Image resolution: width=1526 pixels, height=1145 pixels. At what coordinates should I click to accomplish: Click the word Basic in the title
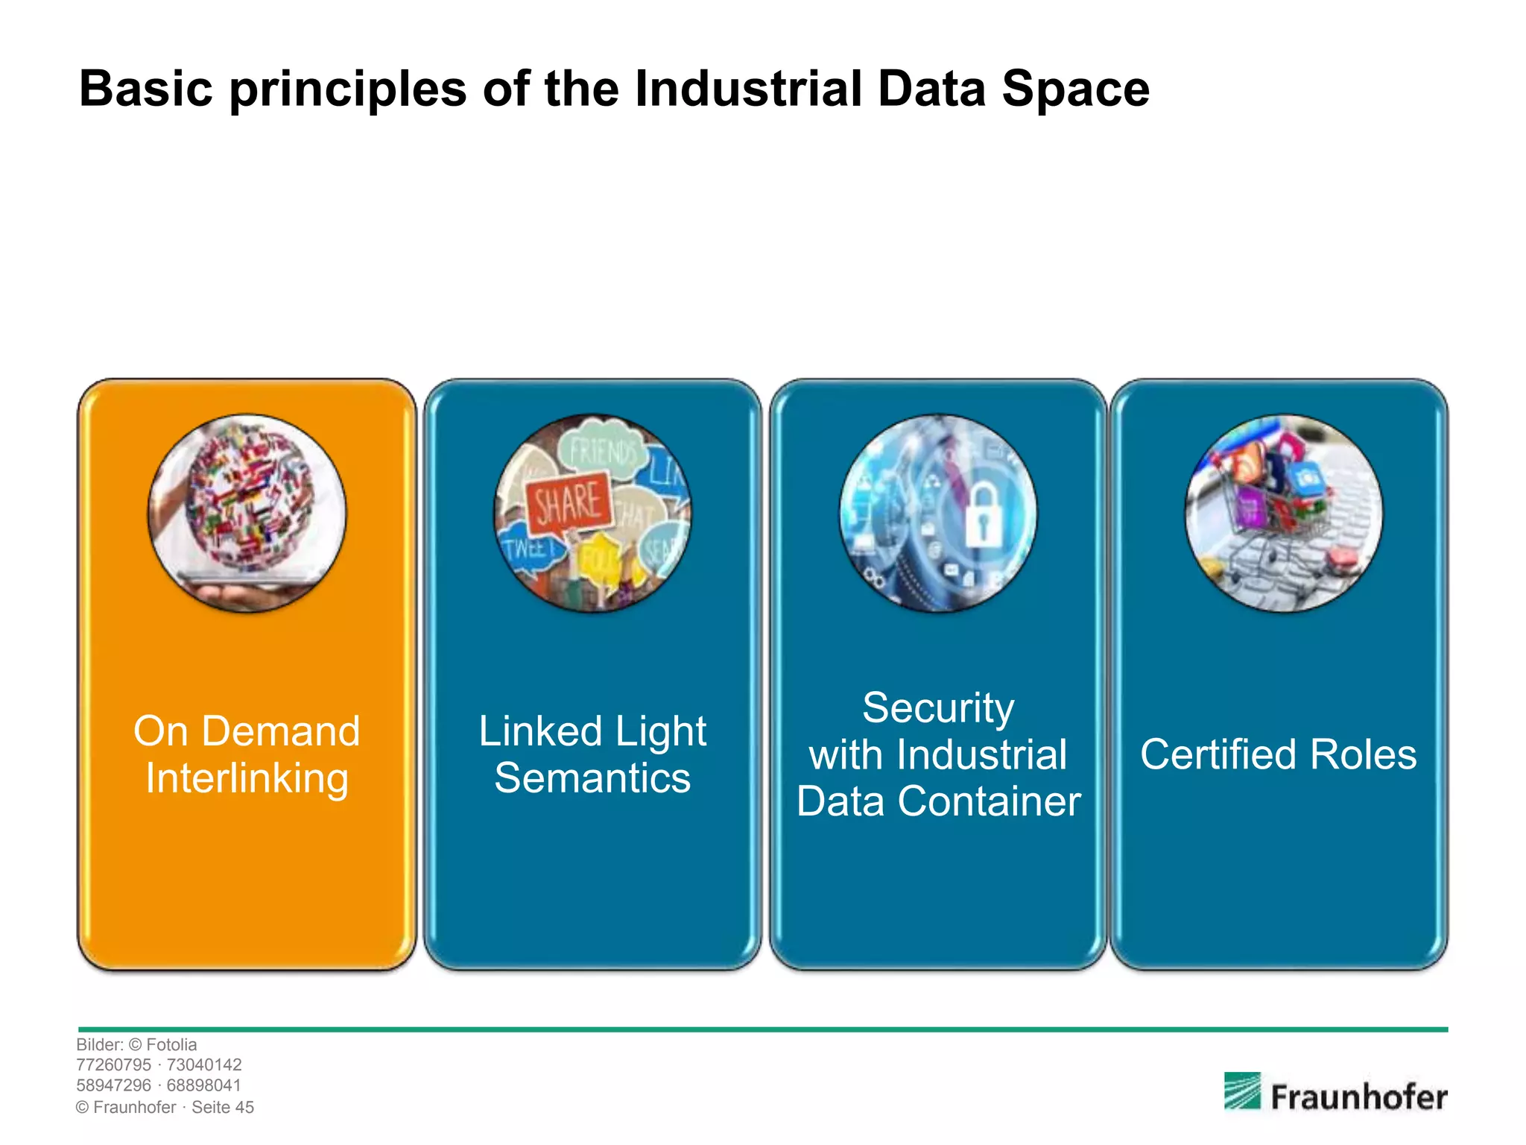pyautogui.click(x=146, y=89)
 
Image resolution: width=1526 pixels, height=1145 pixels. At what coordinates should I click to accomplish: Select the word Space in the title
pyautogui.click(x=1074, y=89)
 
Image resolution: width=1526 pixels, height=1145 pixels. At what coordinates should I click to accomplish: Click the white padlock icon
pyautogui.click(x=983, y=514)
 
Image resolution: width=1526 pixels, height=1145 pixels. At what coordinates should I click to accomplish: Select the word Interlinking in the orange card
pyautogui.click(x=247, y=778)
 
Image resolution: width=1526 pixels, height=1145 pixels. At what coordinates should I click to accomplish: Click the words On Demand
pyautogui.click(x=247, y=731)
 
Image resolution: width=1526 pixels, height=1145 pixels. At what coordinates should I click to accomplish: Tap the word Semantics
pyautogui.click(x=592, y=778)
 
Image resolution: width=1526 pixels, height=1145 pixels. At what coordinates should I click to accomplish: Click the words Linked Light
pyautogui.click(x=592, y=731)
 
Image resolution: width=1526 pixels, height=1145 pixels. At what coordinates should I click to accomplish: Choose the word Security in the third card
pyautogui.click(x=938, y=707)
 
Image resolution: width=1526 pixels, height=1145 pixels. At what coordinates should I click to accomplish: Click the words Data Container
pyautogui.click(x=938, y=801)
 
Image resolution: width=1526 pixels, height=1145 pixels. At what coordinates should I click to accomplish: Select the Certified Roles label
pyautogui.click(x=1278, y=754)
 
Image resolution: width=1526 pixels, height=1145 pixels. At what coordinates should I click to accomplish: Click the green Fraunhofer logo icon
pyautogui.click(x=1241, y=1091)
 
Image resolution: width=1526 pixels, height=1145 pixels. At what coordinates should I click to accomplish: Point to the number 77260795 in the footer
pyautogui.click(x=113, y=1065)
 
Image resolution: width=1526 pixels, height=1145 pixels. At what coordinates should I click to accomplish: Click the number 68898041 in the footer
pyautogui.click(x=203, y=1086)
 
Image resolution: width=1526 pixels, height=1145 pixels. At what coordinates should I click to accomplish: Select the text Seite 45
pyautogui.click(x=223, y=1108)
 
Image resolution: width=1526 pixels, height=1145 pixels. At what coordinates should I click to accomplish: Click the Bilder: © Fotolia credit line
pyautogui.click(x=136, y=1045)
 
